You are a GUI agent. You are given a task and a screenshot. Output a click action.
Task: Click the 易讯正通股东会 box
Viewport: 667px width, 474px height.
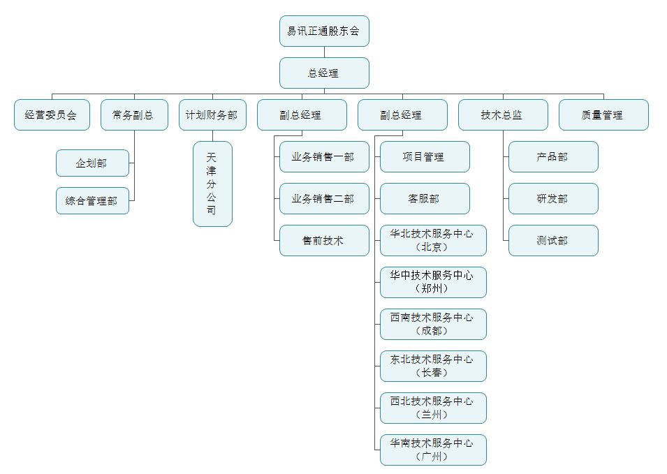[324, 31]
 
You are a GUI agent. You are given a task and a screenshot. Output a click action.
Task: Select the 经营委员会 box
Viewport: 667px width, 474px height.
[52, 115]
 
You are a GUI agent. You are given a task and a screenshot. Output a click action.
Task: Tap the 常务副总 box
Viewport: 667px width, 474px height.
[134, 115]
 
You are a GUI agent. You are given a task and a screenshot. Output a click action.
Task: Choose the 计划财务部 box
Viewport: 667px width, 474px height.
[212, 115]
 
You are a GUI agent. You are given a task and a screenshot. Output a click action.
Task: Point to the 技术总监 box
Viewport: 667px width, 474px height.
[503, 115]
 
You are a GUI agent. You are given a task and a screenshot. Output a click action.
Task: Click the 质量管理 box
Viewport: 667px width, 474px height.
[603, 115]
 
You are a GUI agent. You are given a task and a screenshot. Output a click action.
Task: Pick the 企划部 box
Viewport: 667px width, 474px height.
[92, 163]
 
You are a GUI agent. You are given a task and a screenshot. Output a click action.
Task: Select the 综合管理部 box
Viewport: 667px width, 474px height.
[92, 201]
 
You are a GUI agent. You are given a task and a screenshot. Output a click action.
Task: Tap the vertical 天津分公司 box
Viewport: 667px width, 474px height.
[212, 184]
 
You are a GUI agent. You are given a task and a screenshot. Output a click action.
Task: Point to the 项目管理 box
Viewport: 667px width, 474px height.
[425, 157]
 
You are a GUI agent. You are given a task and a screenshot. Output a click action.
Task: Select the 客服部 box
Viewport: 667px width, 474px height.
[425, 199]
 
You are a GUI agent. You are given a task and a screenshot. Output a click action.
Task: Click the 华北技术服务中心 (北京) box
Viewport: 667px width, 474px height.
[433, 241]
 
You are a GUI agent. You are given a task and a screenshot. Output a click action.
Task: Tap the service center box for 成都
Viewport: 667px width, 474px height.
[433, 325]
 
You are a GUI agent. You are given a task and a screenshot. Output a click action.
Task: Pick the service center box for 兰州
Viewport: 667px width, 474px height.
[433, 408]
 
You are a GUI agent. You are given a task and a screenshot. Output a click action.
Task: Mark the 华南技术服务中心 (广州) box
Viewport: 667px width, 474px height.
[433, 450]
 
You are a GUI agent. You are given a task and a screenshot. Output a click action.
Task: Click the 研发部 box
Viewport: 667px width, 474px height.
[553, 199]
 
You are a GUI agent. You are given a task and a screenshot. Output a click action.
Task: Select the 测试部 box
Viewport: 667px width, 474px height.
[553, 241]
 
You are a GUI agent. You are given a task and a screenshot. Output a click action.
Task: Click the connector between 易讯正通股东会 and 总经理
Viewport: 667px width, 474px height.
[324, 52]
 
